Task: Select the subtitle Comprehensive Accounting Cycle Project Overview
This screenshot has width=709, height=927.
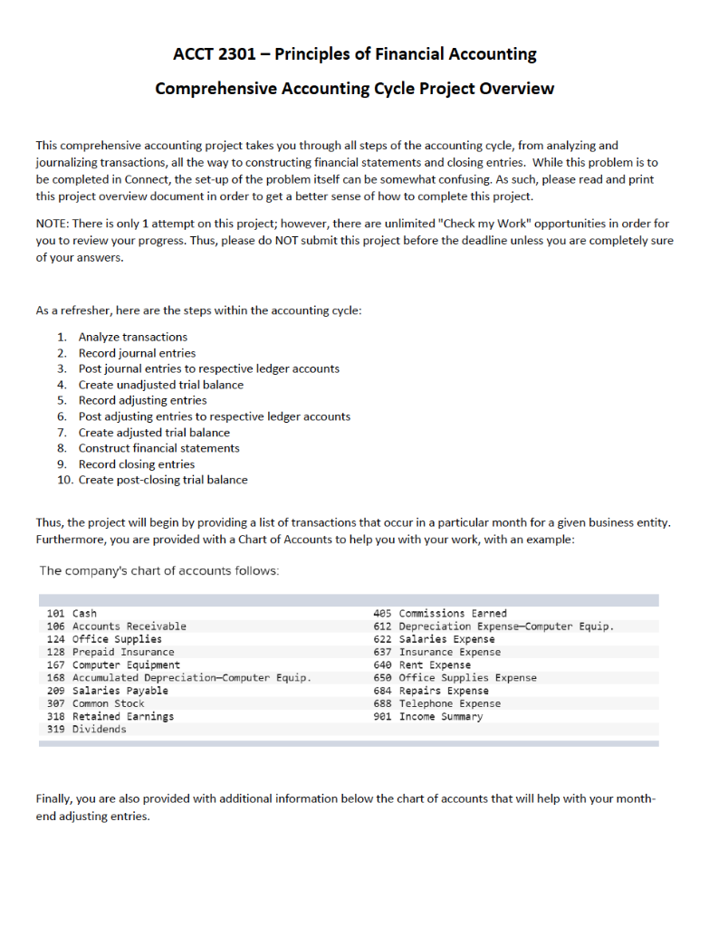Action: pyautogui.click(x=354, y=89)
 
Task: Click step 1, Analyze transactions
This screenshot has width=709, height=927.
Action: pyautogui.click(x=132, y=337)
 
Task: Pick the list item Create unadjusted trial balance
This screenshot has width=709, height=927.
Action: pyautogui.click(x=160, y=385)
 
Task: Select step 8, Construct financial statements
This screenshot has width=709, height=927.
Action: pyautogui.click(x=158, y=448)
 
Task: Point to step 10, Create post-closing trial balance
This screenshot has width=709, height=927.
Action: pyautogui.click(x=162, y=480)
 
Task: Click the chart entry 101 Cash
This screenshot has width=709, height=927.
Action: pyautogui.click(x=72, y=613)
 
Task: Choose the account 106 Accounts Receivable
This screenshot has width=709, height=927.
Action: pyautogui.click(x=116, y=626)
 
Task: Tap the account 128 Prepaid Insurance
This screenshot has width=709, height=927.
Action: pyautogui.click(x=110, y=652)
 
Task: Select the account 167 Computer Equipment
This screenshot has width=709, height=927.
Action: pyautogui.click(x=113, y=664)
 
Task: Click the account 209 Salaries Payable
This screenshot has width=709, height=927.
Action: pyautogui.click(x=107, y=690)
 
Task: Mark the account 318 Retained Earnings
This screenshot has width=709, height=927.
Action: pyautogui.click(x=110, y=716)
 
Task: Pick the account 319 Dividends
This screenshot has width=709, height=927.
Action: pyautogui.click(x=87, y=729)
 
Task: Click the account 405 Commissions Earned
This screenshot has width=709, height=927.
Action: pyautogui.click(x=440, y=613)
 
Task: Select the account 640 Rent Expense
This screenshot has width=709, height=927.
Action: pyautogui.click(x=422, y=664)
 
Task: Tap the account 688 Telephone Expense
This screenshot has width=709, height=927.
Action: pyautogui.click(x=431, y=703)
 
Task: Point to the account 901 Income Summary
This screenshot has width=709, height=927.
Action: pyautogui.click(x=428, y=716)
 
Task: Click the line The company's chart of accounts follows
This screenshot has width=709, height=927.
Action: pyautogui.click(x=159, y=571)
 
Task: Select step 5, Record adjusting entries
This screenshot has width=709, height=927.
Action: pyautogui.click(x=142, y=400)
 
